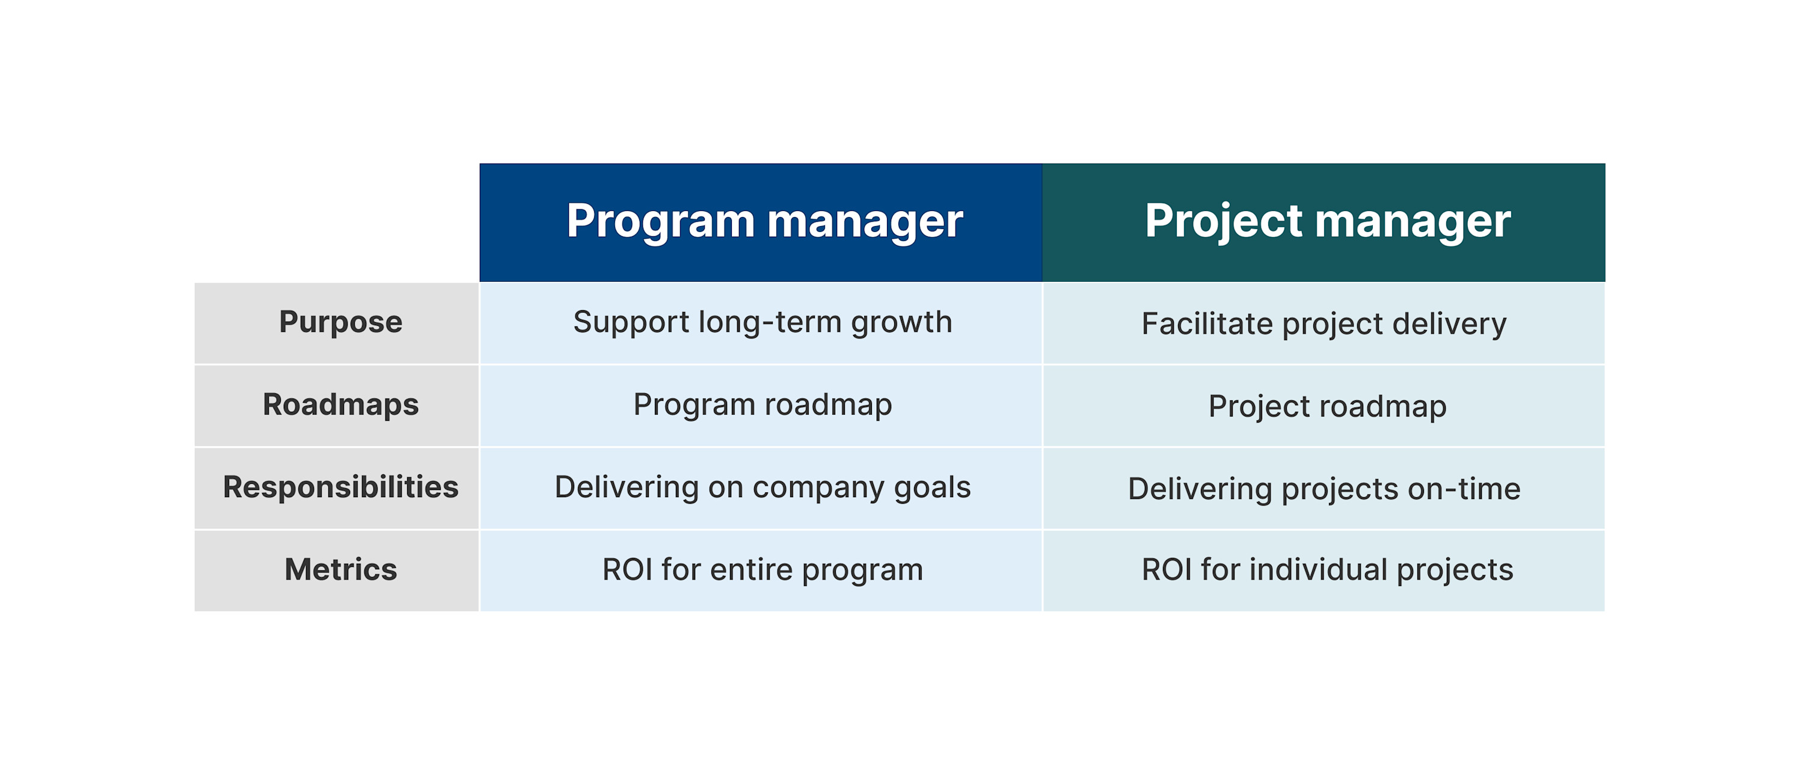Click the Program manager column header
coord(763,221)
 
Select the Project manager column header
coord(1327,221)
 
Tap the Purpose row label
coord(340,322)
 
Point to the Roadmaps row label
coord(340,405)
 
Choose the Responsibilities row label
coord(340,487)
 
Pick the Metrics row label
coord(340,570)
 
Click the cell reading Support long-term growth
coord(762,322)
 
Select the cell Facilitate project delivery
coord(1324,323)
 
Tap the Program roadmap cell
coord(762,405)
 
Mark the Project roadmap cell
coord(1327,406)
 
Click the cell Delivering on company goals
coord(762,487)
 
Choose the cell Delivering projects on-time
coord(1324,489)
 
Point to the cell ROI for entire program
coord(762,570)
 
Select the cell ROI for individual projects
coord(1327,570)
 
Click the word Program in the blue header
coord(660,221)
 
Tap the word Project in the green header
coord(1224,221)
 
